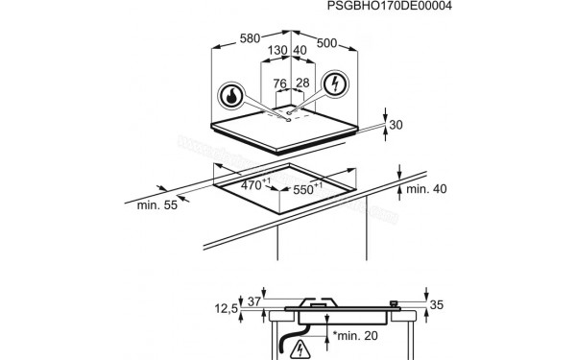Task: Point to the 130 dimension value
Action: point(277,50)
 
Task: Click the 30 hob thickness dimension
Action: point(396,125)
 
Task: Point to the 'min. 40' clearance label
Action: point(427,189)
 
